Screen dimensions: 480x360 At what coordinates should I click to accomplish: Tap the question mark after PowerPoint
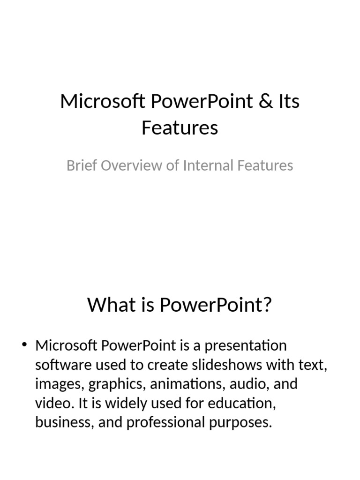[x=267, y=306]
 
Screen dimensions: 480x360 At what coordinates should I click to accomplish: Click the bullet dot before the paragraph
[x=25, y=346]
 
